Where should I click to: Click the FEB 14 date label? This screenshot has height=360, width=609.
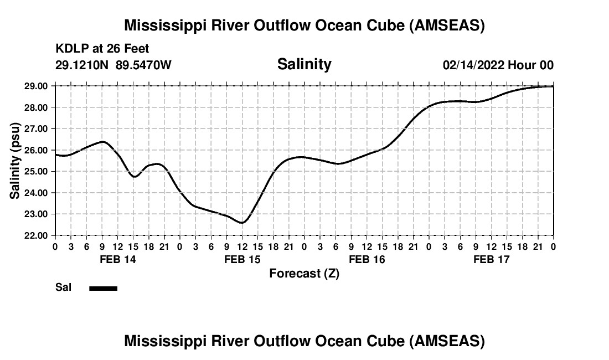coord(117,259)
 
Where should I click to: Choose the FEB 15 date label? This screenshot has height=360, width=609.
coord(242,259)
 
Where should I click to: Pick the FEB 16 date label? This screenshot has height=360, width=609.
coord(367,259)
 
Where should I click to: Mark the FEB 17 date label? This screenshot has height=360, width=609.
coord(492,259)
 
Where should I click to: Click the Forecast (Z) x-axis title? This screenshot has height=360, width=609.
coord(304,273)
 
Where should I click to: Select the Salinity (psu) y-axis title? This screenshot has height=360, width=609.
coord(15,160)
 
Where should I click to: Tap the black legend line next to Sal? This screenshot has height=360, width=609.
coord(104,288)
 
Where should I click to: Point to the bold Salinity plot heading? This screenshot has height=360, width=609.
coord(304,64)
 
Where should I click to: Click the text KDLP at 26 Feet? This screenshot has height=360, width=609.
coord(102,49)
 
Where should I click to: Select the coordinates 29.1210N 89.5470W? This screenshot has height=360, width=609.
coord(113,65)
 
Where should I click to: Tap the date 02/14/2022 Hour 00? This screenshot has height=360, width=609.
coord(498,65)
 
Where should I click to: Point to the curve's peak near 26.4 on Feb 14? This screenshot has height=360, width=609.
coord(102,142)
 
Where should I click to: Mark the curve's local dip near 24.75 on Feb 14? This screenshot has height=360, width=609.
coord(135,177)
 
